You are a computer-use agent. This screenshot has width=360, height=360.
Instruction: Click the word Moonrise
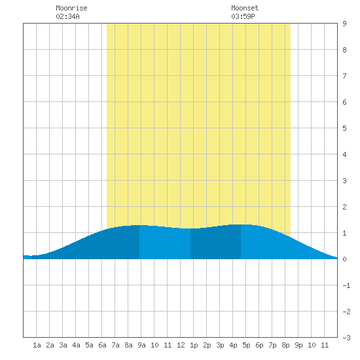[71, 8]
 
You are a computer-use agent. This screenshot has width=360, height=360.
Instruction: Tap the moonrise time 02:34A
[67, 16]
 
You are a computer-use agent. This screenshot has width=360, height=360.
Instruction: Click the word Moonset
[245, 8]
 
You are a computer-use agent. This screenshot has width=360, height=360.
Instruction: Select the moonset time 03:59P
[243, 16]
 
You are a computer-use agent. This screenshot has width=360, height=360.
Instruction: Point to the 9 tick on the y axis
[344, 24]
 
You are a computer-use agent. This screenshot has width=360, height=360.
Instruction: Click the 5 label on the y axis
[344, 128]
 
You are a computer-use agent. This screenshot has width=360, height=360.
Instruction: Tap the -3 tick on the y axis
[346, 338]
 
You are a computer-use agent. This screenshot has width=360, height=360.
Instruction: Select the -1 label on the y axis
[346, 285]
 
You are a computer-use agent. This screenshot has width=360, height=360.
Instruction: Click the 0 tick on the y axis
[344, 259]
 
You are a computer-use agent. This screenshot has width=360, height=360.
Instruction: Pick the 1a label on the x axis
[37, 345]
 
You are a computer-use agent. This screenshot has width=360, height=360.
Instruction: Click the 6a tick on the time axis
[102, 345]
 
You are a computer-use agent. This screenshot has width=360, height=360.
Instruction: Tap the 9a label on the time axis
[141, 345]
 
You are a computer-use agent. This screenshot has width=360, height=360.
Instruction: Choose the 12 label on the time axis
[181, 345]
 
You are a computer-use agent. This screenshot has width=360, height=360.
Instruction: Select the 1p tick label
[194, 345]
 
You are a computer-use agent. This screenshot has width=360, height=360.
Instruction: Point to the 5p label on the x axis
[246, 345]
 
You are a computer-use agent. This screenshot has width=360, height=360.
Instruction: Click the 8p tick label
[285, 345]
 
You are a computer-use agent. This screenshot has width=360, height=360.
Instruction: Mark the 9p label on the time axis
[298, 345]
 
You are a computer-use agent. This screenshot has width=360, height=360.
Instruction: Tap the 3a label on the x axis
[63, 345]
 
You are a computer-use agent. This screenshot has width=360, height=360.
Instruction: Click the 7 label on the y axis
[344, 76]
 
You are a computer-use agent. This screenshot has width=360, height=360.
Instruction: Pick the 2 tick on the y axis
[344, 207]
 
